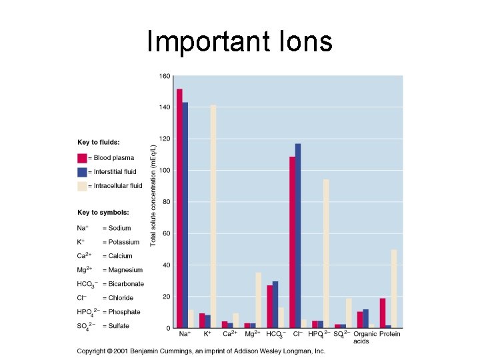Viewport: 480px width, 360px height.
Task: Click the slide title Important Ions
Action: [239, 41]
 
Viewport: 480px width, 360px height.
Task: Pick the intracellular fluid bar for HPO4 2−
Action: [326, 253]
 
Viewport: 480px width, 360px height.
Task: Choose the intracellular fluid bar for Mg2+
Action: [259, 300]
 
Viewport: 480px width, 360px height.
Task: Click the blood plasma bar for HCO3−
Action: [270, 307]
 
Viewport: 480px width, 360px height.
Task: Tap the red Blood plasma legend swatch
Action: [82, 158]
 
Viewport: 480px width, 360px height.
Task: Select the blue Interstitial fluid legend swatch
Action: [82, 172]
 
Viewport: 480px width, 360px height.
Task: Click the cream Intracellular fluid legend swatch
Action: [82, 186]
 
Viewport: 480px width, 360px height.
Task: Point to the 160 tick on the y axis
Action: [164, 76]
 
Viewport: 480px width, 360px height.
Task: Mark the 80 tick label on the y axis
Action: [166, 202]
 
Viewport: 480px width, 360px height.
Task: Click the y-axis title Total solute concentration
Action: [153, 195]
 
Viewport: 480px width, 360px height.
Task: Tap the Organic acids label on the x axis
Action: [365, 337]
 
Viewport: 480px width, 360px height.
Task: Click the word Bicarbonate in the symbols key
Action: [126, 284]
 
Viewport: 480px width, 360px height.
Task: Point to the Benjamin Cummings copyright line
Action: [201, 351]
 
